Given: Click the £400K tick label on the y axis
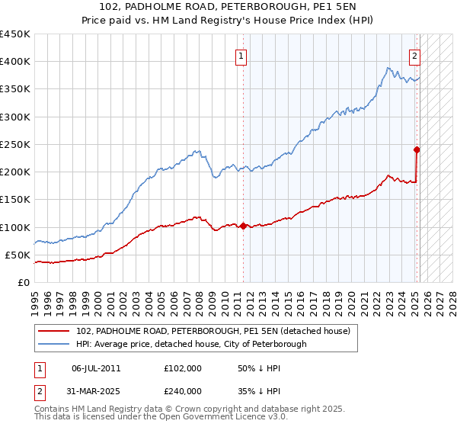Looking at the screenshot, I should click(15, 62).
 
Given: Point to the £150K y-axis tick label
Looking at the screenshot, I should click(15, 200).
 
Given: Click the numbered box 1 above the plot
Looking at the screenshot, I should click(241, 55).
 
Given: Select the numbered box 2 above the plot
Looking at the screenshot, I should click(415, 55).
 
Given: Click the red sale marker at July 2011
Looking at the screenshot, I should click(243, 226).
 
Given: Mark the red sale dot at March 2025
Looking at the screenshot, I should click(417, 149).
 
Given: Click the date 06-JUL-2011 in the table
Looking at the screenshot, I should click(96, 368).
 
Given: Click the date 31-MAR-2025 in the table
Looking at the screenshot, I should click(96, 390).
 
